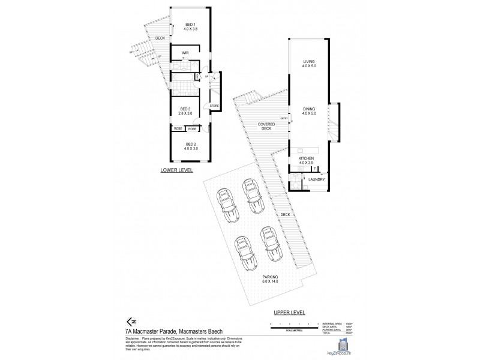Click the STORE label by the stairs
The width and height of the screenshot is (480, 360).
pos(214,106)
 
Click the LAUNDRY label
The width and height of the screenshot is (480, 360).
pos(317,179)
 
